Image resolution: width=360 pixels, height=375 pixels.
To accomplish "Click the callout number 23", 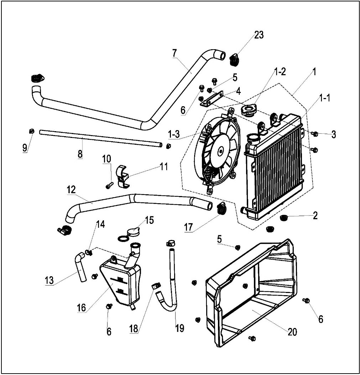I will click(x=259, y=35).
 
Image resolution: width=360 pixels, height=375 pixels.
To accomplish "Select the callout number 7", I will click(x=174, y=53).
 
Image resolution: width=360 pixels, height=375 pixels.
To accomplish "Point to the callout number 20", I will click(x=292, y=332).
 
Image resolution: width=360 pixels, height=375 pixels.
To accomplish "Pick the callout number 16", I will click(x=82, y=307).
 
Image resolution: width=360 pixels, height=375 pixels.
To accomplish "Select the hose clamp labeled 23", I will click(x=234, y=59).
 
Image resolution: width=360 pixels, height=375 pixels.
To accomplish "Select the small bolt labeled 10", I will click(x=109, y=185).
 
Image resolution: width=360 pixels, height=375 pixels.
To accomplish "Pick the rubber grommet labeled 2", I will click(x=284, y=217).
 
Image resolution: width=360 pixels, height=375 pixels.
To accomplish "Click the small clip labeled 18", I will click(x=156, y=285).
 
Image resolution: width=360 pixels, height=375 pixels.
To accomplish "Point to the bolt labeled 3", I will click(x=315, y=134).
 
